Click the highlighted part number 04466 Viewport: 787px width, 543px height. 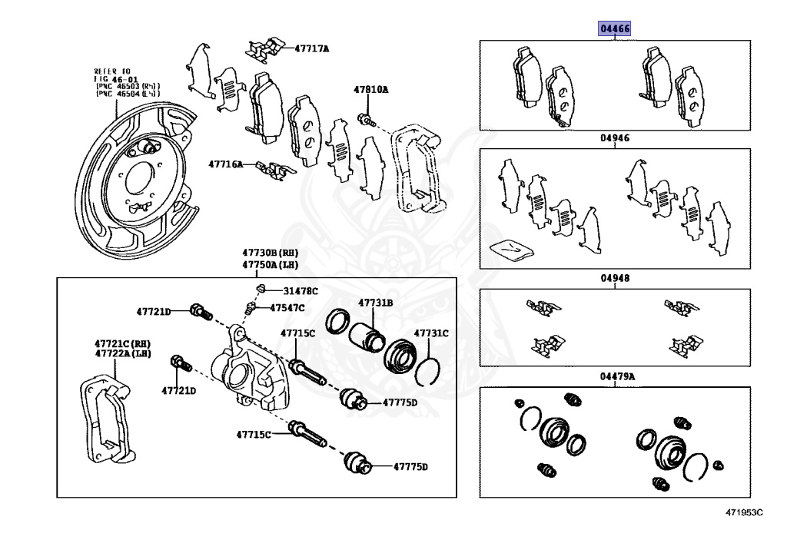click(x=615, y=29)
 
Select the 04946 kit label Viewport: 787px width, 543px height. click(x=615, y=139)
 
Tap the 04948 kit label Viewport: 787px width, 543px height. click(x=615, y=280)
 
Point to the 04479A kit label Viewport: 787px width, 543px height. click(x=617, y=376)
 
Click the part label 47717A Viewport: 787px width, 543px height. click(x=311, y=48)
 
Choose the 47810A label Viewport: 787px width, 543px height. click(x=371, y=90)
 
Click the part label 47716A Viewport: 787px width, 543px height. click(x=225, y=164)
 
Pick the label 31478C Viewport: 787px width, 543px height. click(x=300, y=291)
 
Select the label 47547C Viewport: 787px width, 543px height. click(x=287, y=308)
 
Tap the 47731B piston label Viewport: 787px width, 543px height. click(x=374, y=303)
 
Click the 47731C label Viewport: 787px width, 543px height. click(x=431, y=333)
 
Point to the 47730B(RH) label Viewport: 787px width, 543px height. click(x=270, y=253)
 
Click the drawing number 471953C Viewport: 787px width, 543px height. click(x=743, y=512)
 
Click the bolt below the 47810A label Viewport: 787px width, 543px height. click(x=367, y=120)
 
